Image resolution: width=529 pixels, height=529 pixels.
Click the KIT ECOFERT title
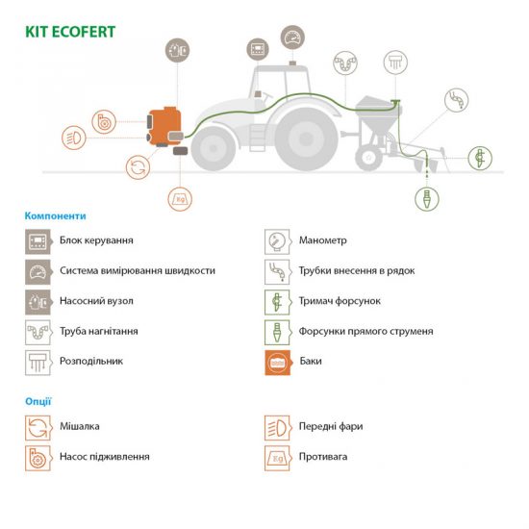click(70, 32)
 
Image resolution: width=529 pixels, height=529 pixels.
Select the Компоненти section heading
click(56, 215)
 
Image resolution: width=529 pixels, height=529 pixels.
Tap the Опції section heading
click(38, 401)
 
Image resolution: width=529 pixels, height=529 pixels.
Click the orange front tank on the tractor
click(165, 126)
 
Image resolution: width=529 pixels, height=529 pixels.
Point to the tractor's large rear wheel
click(306, 138)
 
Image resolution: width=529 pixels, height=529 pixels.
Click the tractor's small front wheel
click(214, 148)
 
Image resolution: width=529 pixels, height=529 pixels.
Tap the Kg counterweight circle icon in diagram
click(180, 199)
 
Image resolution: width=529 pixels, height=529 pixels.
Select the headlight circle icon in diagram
click(74, 138)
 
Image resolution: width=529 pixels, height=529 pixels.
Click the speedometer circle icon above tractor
click(292, 38)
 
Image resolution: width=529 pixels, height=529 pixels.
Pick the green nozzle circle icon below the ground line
click(427, 199)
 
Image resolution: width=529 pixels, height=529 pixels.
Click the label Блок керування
click(96, 240)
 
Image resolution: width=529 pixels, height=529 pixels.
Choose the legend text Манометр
click(323, 240)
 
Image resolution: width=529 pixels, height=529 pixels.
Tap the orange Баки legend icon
click(277, 363)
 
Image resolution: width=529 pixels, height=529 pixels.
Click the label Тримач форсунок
click(340, 301)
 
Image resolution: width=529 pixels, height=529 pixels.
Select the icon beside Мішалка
click(38, 428)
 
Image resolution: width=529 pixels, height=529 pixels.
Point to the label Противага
click(323, 457)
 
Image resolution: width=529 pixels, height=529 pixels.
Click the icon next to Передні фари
click(278, 428)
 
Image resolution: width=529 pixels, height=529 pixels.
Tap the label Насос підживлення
click(105, 457)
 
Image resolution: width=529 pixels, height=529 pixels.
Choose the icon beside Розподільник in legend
click(38, 363)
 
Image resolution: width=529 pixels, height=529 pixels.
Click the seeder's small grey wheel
click(369, 157)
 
